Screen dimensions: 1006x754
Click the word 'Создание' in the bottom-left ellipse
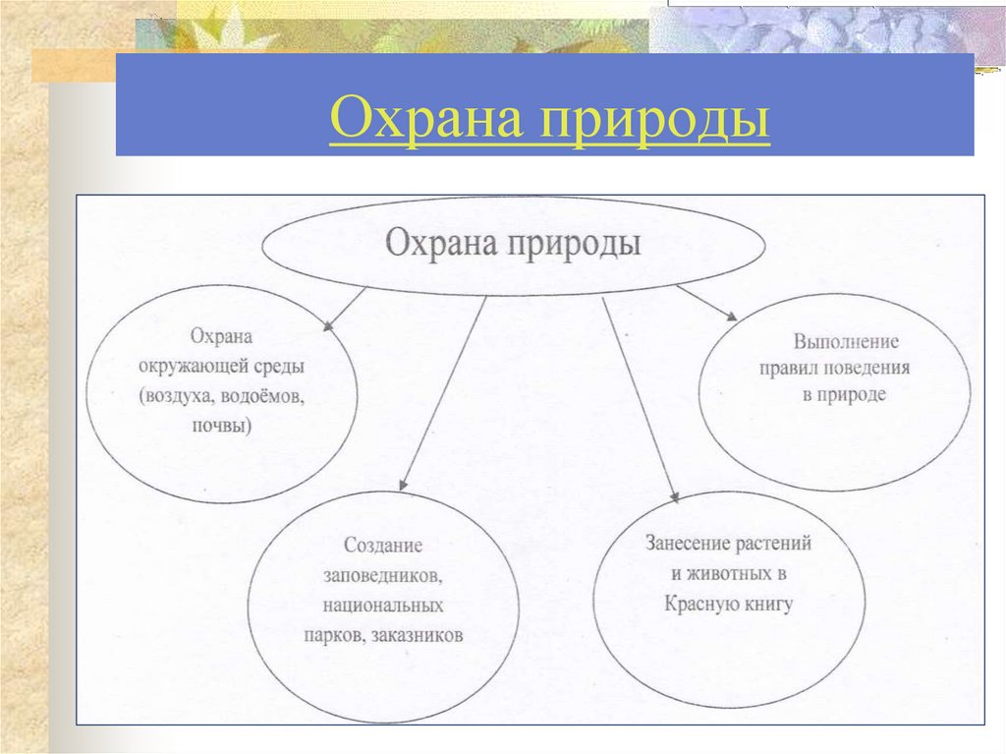(x=383, y=545)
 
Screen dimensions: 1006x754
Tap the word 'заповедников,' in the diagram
(x=383, y=574)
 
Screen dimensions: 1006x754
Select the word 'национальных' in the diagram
(x=383, y=605)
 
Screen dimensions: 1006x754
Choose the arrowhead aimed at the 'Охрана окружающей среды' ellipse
(x=328, y=322)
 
